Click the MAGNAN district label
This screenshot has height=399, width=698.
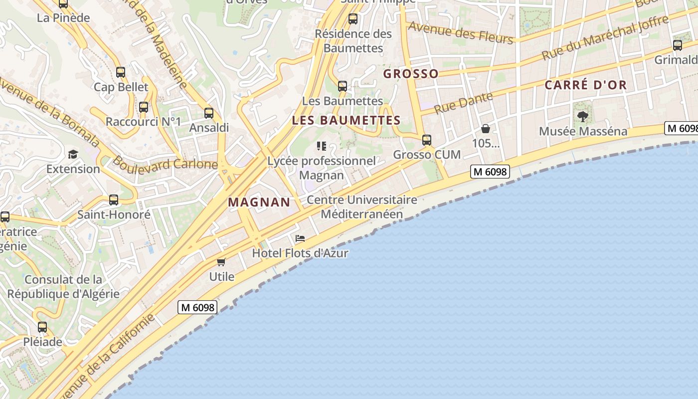tap(259, 202)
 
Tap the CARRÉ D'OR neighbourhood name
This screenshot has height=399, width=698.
tap(585, 85)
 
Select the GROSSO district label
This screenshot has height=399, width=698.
tap(411, 74)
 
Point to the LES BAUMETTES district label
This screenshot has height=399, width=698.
tap(346, 120)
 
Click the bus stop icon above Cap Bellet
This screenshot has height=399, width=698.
tap(121, 72)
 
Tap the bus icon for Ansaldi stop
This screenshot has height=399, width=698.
tap(209, 113)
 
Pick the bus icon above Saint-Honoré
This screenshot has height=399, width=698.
tap(114, 200)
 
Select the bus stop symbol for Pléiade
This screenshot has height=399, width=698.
tap(42, 327)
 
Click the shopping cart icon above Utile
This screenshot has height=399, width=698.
tap(221, 262)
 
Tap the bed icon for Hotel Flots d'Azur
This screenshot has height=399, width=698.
tap(300, 238)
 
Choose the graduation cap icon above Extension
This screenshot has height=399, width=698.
tap(73, 154)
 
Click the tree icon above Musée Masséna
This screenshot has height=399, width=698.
tap(582, 117)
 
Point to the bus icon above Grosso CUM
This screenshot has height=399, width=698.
tap(427, 140)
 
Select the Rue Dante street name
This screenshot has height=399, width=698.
tap(463, 103)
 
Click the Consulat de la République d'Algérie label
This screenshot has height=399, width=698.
tap(63, 287)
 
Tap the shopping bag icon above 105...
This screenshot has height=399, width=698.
tap(486, 129)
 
